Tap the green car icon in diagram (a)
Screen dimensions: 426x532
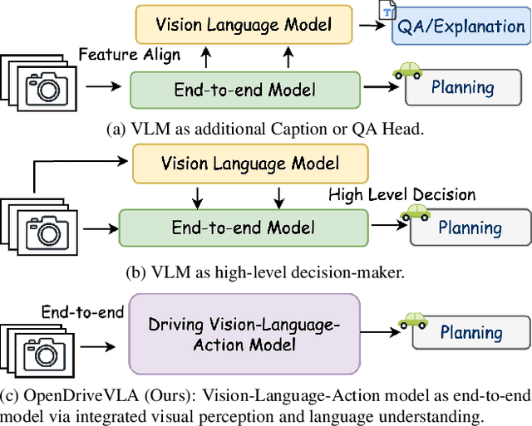pos(407,71)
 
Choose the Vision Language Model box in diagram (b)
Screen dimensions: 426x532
pos(249,164)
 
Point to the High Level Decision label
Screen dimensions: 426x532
pos(401,195)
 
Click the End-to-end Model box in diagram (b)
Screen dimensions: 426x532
pos(243,227)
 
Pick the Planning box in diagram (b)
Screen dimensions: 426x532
pos(470,228)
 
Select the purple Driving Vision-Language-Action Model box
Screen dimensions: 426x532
pos(244,332)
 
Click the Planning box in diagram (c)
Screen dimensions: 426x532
pos(471,333)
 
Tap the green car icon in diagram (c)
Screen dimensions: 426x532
pos(412,320)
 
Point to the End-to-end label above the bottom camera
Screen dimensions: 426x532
pos(82,312)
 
